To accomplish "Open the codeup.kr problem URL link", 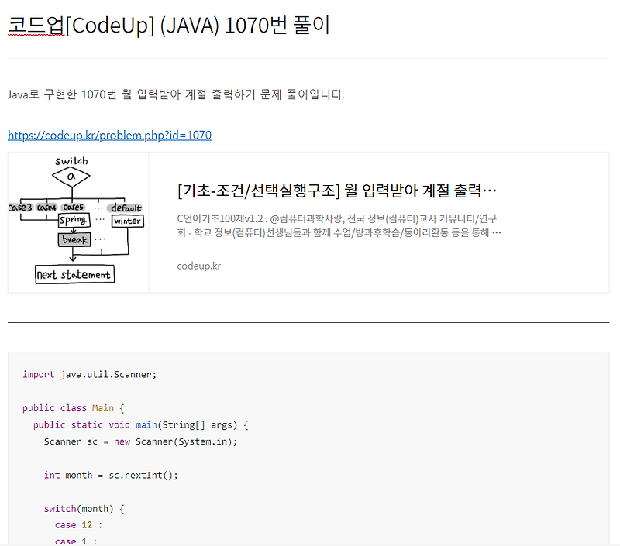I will pyautogui.click(x=109, y=136).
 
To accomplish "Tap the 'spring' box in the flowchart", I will pyautogui.click(x=74, y=221).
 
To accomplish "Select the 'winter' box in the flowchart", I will pyautogui.click(x=127, y=221).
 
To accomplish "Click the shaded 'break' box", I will pyautogui.click(x=75, y=240).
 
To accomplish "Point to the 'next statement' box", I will pyautogui.click(x=74, y=274).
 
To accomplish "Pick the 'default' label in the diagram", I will pyautogui.click(x=126, y=208).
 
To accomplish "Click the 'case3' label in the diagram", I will pyautogui.click(x=20, y=208).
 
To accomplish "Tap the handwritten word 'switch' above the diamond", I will pyautogui.click(x=71, y=161).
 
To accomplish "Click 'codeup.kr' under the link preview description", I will pyautogui.click(x=199, y=266).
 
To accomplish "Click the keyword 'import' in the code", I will pyautogui.click(x=39, y=374).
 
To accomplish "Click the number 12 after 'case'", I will pyautogui.click(x=88, y=525).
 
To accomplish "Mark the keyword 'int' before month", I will pyautogui.click(x=52, y=475).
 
